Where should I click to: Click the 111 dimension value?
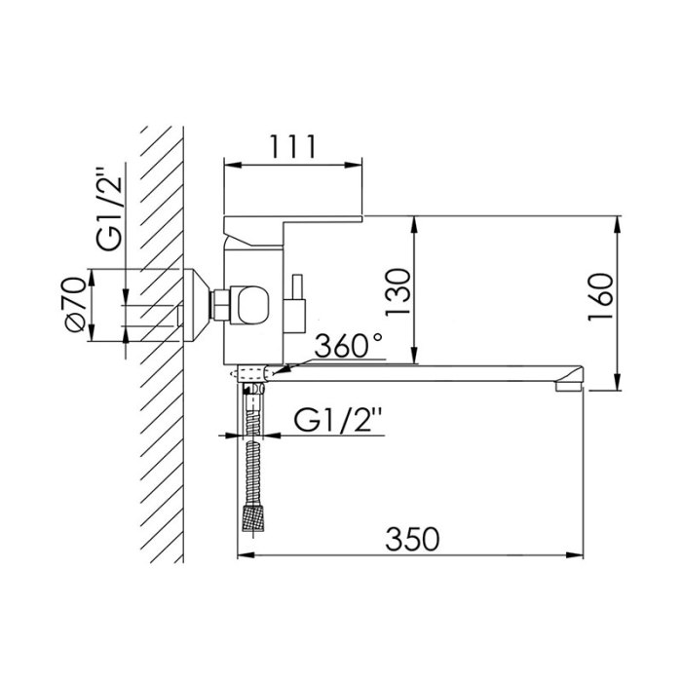pos(292,146)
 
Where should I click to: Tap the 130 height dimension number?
pos(398,292)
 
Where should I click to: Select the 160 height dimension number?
pos(601,296)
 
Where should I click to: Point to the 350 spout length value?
pos(412,539)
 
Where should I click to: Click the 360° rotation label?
pos(349,345)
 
